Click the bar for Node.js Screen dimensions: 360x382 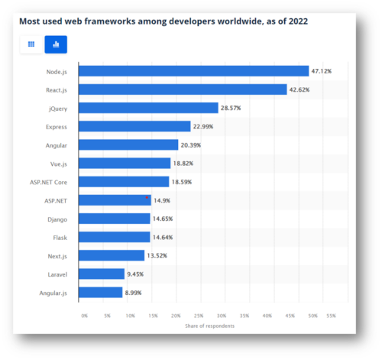click(x=193, y=71)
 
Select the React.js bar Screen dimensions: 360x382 click(x=183, y=89)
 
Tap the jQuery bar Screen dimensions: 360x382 click(x=148, y=108)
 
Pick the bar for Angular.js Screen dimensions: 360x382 click(x=100, y=292)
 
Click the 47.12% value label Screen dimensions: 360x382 click(x=321, y=71)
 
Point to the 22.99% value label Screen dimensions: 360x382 click(x=205, y=126)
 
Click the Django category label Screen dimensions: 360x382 click(x=56, y=219)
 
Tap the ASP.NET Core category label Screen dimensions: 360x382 click(x=49, y=182)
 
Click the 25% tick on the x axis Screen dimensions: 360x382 click(x=199, y=315)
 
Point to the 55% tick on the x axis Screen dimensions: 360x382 click(x=331, y=315)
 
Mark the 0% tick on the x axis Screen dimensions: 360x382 click(x=84, y=315)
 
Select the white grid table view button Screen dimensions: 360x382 click(x=31, y=44)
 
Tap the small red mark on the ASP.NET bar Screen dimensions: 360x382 click(x=147, y=197)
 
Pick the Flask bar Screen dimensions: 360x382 click(x=115, y=237)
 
